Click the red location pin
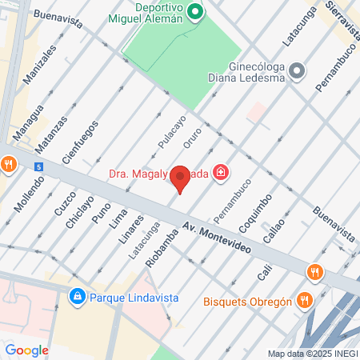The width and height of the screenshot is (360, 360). click(181, 178)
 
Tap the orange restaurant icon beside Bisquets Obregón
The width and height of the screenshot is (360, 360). click(303, 302)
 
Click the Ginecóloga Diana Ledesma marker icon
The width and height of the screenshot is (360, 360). click(297, 73)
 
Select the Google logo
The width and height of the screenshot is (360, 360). click(26, 350)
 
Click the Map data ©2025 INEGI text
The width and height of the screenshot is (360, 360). click(313, 354)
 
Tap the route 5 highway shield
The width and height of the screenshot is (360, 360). click(38, 166)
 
